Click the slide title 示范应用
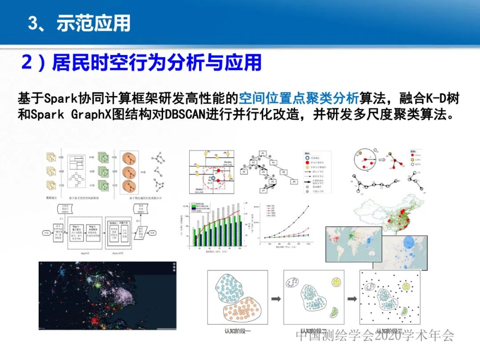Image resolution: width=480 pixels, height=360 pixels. pyautogui.click(x=93, y=23)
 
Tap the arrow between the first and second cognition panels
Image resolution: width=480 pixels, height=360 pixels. pyautogui.click(x=276, y=299)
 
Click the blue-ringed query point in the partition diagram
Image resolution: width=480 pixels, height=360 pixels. pyautogui.click(x=214, y=179)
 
